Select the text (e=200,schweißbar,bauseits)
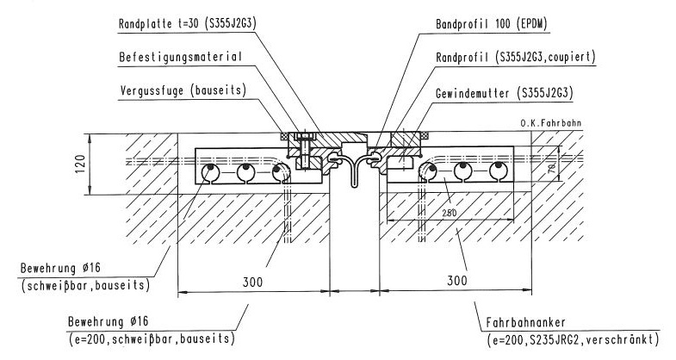click(x=150, y=338)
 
